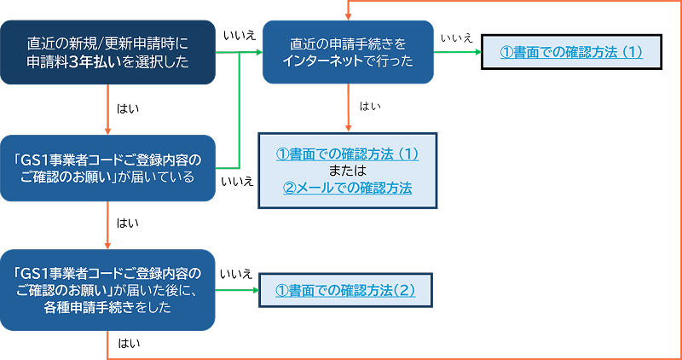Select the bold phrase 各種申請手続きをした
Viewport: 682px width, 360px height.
[x=107, y=308]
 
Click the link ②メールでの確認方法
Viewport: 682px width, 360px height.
[x=347, y=188]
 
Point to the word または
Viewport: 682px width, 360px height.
[x=347, y=171]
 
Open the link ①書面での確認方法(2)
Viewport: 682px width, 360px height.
[x=345, y=290]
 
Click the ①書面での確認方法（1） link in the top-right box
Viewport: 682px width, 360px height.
[x=571, y=52]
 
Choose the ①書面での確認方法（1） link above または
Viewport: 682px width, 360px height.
[x=347, y=154]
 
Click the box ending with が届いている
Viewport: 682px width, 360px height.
[x=107, y=168]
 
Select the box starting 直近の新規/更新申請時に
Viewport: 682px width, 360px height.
[x=107, y=53]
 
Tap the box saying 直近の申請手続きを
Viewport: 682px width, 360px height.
[x=348, y=52]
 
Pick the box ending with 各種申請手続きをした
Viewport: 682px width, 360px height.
[x=107, y=291]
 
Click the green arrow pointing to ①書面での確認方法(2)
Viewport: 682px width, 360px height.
[x=237, y=290]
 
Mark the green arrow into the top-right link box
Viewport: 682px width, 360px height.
[x=459, y=52]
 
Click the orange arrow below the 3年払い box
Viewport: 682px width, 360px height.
[x=107, y=110]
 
